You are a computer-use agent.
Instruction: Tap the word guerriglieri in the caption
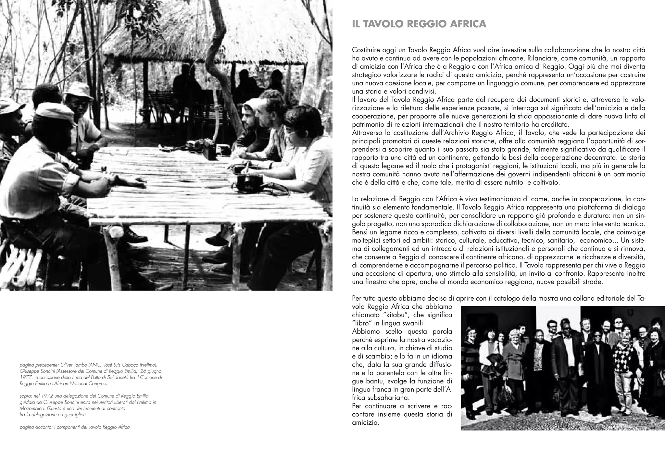click(x=74, y=415)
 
